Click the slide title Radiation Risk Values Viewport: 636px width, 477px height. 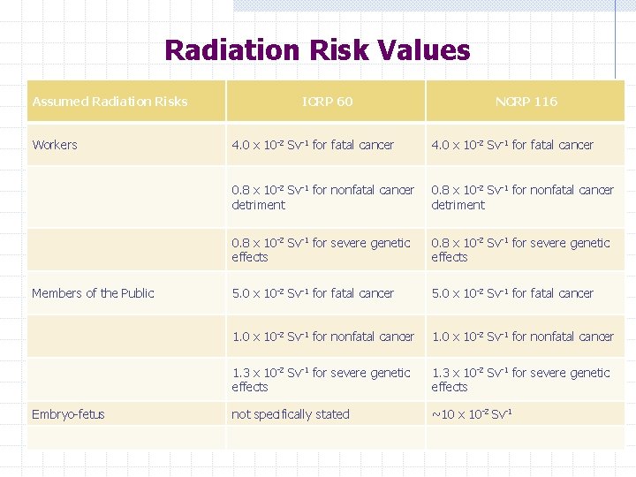pyautogui.click(x=317, y=50)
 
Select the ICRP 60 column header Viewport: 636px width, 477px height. pyautogui.click(x=327, y=102)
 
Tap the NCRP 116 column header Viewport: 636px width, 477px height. pyautogui.click(x=526, y=102)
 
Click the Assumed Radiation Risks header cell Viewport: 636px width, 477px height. pyautogui.click(x=110, y=102)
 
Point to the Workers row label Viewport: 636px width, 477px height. pyautogui.click(x=55, y=145)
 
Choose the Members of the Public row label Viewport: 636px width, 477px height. pyautogui.click(x=93, y=293)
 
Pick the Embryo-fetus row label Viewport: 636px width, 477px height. pyautogui.click(x=68, y=414)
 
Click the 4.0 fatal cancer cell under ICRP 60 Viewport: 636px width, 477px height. pyautogui.click(x=313, y=145)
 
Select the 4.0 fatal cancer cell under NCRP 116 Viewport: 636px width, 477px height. pyautogui.click(x=512, y=145)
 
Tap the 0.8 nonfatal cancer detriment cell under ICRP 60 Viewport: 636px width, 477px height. pyautogui.click(x=322, y=197)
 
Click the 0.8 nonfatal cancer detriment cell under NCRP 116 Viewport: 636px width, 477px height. pyautogui.click(x=522, y=197)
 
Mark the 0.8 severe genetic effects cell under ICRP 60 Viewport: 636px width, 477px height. pyautogui.click(x=321, y=249)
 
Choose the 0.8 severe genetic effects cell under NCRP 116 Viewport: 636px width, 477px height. pyautogui.click(x=520, y=249)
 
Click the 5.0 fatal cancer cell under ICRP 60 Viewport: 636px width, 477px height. pyautogui.click(x=313, y=293)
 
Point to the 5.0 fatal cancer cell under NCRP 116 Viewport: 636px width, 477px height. pyautogui.click(x=512, y=293)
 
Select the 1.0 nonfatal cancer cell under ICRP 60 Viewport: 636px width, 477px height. pyautogui.click(x=322, y=337)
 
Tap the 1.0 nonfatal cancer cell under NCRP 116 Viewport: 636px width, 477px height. pyautogui.click(x=522, y=337)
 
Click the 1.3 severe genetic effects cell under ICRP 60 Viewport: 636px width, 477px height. pyautogui.click(x=321, y=380)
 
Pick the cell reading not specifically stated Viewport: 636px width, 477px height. pyautogui.click(x=291, y=414)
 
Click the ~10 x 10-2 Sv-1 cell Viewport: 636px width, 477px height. pyautogui.click(x=472, y=414)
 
